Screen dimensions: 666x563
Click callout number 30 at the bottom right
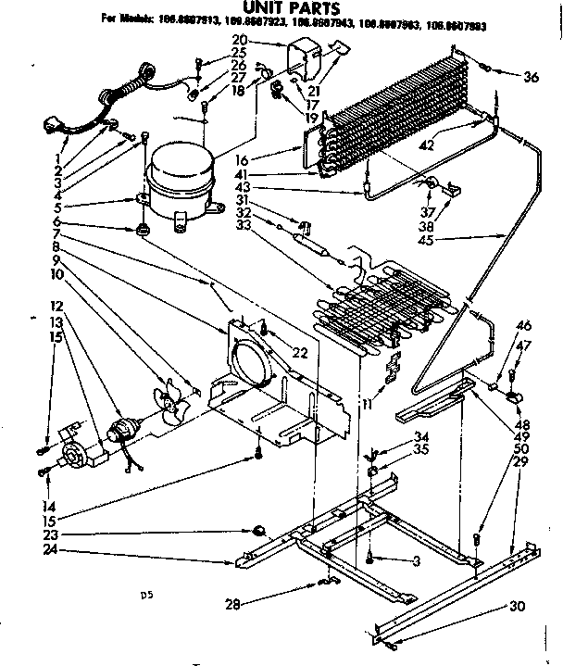point(516,607)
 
